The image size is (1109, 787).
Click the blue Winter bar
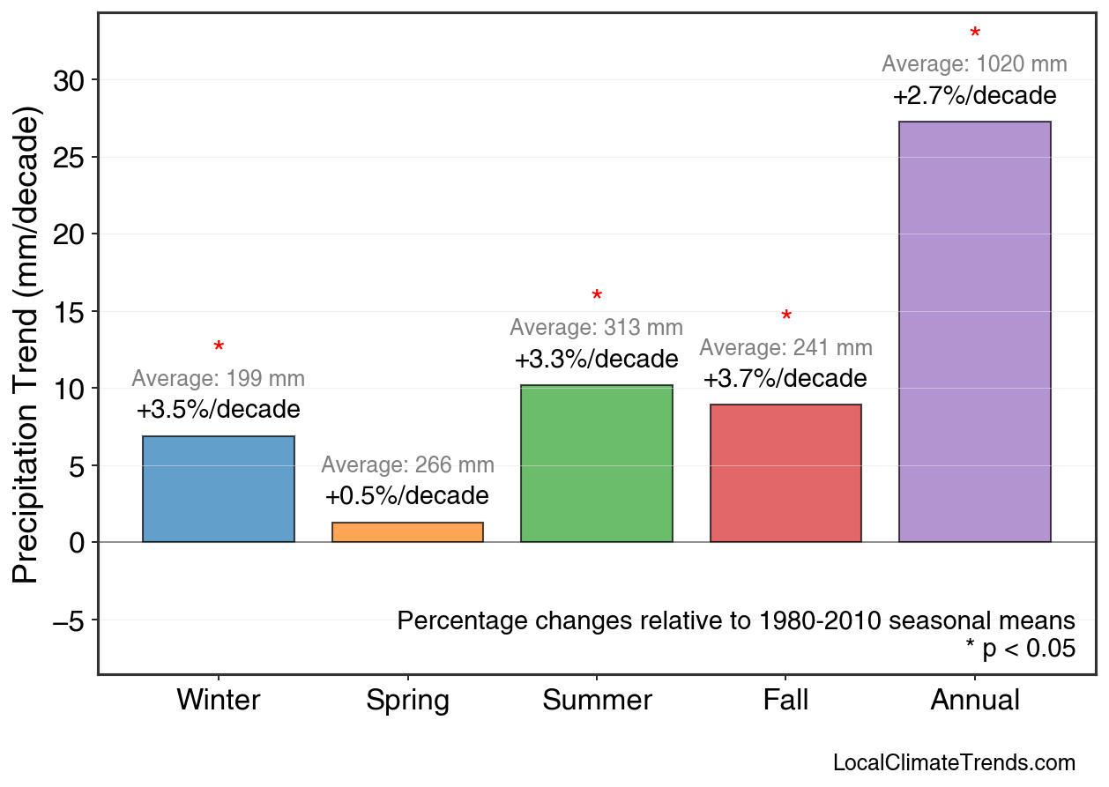(x=218, y=489)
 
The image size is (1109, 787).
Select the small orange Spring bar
(x=407, y=532)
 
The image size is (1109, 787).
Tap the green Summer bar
(x=597, y=464)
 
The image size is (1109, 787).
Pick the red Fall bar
(x=785, y=473)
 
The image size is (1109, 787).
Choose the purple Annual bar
(x=974, y=331)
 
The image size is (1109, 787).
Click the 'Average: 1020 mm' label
(x=974, y=64)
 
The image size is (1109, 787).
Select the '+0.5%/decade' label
(x=406, y=496)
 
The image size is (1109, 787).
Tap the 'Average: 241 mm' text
(x=785, y=348)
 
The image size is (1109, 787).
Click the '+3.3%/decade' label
(x=596, y=360)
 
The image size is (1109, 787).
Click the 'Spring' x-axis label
(x=407, y=701)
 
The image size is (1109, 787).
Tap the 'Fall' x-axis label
(x=785, y=701)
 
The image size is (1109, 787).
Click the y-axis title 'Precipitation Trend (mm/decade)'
(x=28, y=345)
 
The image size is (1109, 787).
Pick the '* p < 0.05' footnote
(x=1020, y=649)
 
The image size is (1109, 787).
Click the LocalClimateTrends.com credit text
(x=954, y=762)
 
